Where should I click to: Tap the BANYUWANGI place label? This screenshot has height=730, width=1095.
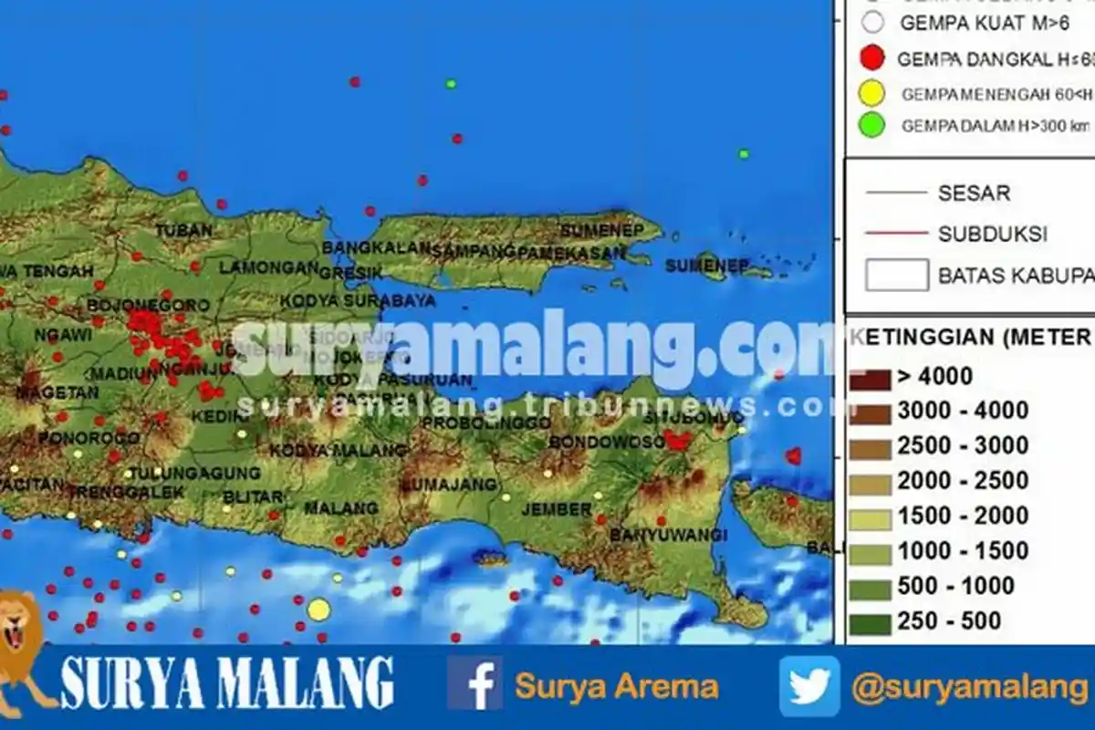click(668, 534)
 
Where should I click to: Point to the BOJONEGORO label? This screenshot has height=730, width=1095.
click(150, 306)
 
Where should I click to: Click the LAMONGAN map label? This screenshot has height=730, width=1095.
click(267, 267)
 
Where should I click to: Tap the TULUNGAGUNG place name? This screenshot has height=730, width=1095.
click(194, 474)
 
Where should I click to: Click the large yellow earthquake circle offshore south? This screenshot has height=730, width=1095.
click(318, 609)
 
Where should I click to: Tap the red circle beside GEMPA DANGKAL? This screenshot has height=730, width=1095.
click(872, 59)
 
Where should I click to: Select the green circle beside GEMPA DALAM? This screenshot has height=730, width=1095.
click(872, 126)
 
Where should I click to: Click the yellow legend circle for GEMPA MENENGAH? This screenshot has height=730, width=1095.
click(872, 93)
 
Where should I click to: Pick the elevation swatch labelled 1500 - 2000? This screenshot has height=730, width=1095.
click(869, 516)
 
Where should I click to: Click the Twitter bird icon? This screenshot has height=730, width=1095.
click(809, 685)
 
